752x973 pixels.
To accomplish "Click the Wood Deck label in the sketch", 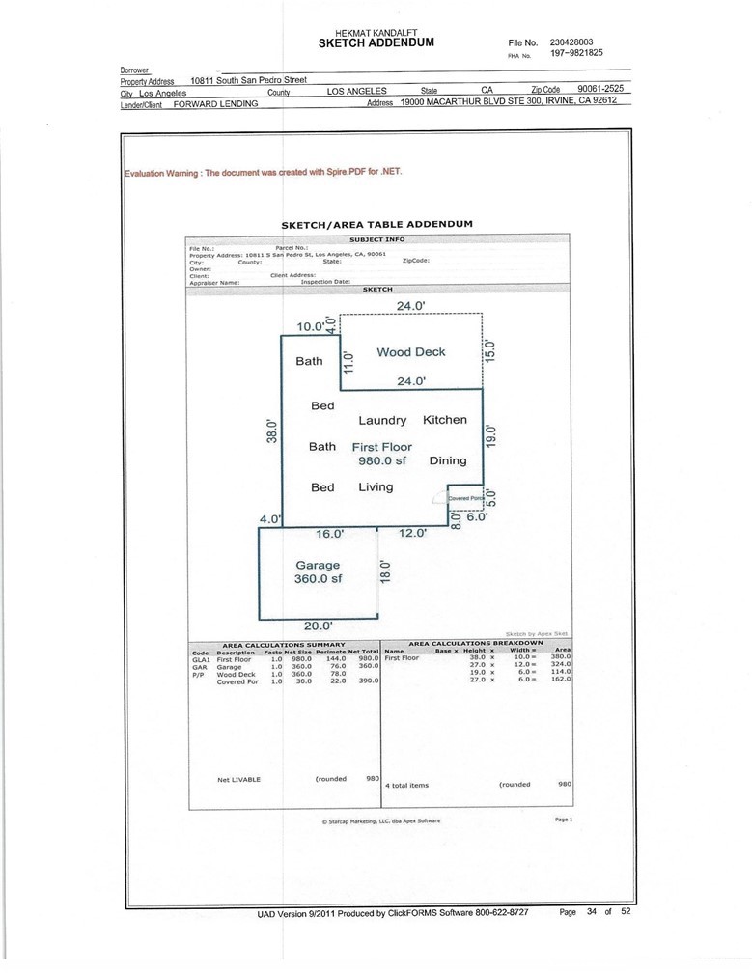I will [x=410, y=352].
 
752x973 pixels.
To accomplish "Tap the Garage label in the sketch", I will [x=318, y=565].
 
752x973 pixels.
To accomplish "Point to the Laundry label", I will [x=382, y=421].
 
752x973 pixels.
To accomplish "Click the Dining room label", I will [x=447, y=460].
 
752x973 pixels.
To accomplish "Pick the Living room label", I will [x=376, y=487].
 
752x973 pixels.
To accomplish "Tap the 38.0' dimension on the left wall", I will [x=272, y=431].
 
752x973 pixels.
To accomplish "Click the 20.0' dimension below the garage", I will [x=318, y=625].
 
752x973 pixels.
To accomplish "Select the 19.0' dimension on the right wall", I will [x=490, y=434].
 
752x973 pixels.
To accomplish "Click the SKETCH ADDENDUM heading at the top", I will [x=376, y=43].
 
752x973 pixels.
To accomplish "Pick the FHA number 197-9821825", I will [x=576, y=54].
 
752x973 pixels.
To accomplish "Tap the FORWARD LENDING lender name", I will [x=215, y=103].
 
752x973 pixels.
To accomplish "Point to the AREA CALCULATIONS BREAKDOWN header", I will [x=476, y=642].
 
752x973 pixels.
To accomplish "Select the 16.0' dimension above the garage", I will [x=330, y=533].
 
